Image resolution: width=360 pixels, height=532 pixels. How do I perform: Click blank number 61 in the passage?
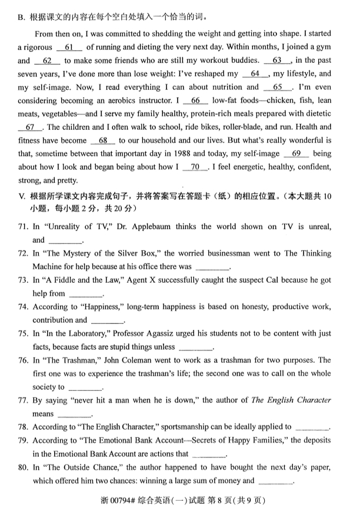point(69,46)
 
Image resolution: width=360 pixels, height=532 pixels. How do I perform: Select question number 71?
point(24,226)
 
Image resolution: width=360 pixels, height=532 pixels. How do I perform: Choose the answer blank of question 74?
point(108,321)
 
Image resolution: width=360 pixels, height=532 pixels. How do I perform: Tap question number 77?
point(24,400)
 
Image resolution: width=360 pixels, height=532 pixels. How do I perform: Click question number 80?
point(24,467)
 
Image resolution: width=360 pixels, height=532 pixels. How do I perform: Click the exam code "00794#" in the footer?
point(122,501)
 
